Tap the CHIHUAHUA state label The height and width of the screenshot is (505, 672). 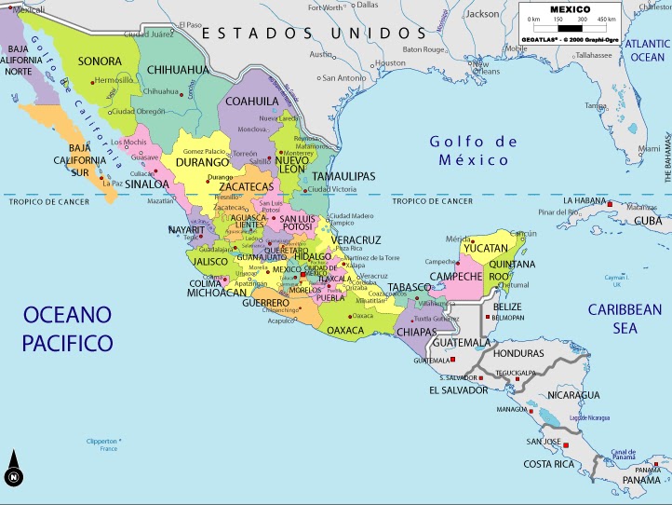pyautogui.click(x=177, y=70)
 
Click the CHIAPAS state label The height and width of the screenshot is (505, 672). pyautogui.click(x=416, y=332)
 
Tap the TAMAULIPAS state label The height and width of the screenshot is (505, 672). pyautogui.click(x=343, y=176)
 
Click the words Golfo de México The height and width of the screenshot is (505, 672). pyautogui.click(x=472, y=150)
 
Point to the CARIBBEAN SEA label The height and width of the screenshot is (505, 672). pyautogui.click(x=625, y=319)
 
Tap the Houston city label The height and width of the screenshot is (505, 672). pyautogui.click(x=391, y=63)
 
